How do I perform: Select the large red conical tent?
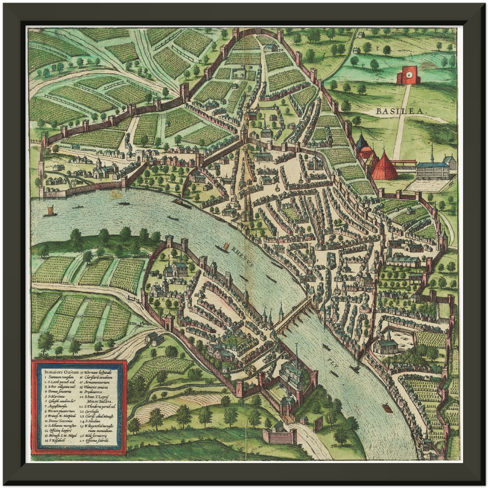pos(385,165)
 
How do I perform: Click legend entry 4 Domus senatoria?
pos(58,391)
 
